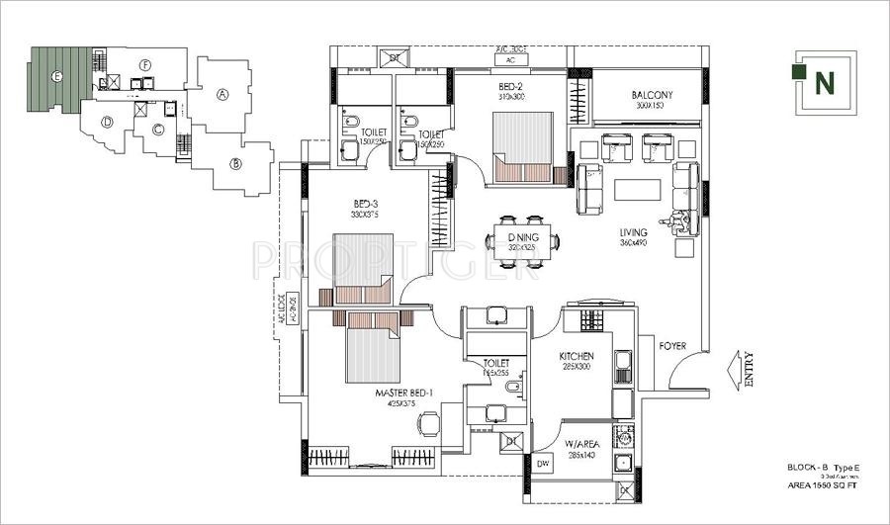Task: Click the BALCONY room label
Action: click(653, 95)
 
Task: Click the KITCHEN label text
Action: click(576, 356)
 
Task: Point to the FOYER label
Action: click(673, 346)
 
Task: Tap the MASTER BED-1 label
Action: click(404, 393)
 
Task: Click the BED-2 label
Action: click(512, 86)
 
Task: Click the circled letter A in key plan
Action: click(222, 95)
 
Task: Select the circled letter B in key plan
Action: click(236, 163)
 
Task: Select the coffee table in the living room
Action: click(636, 189)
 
